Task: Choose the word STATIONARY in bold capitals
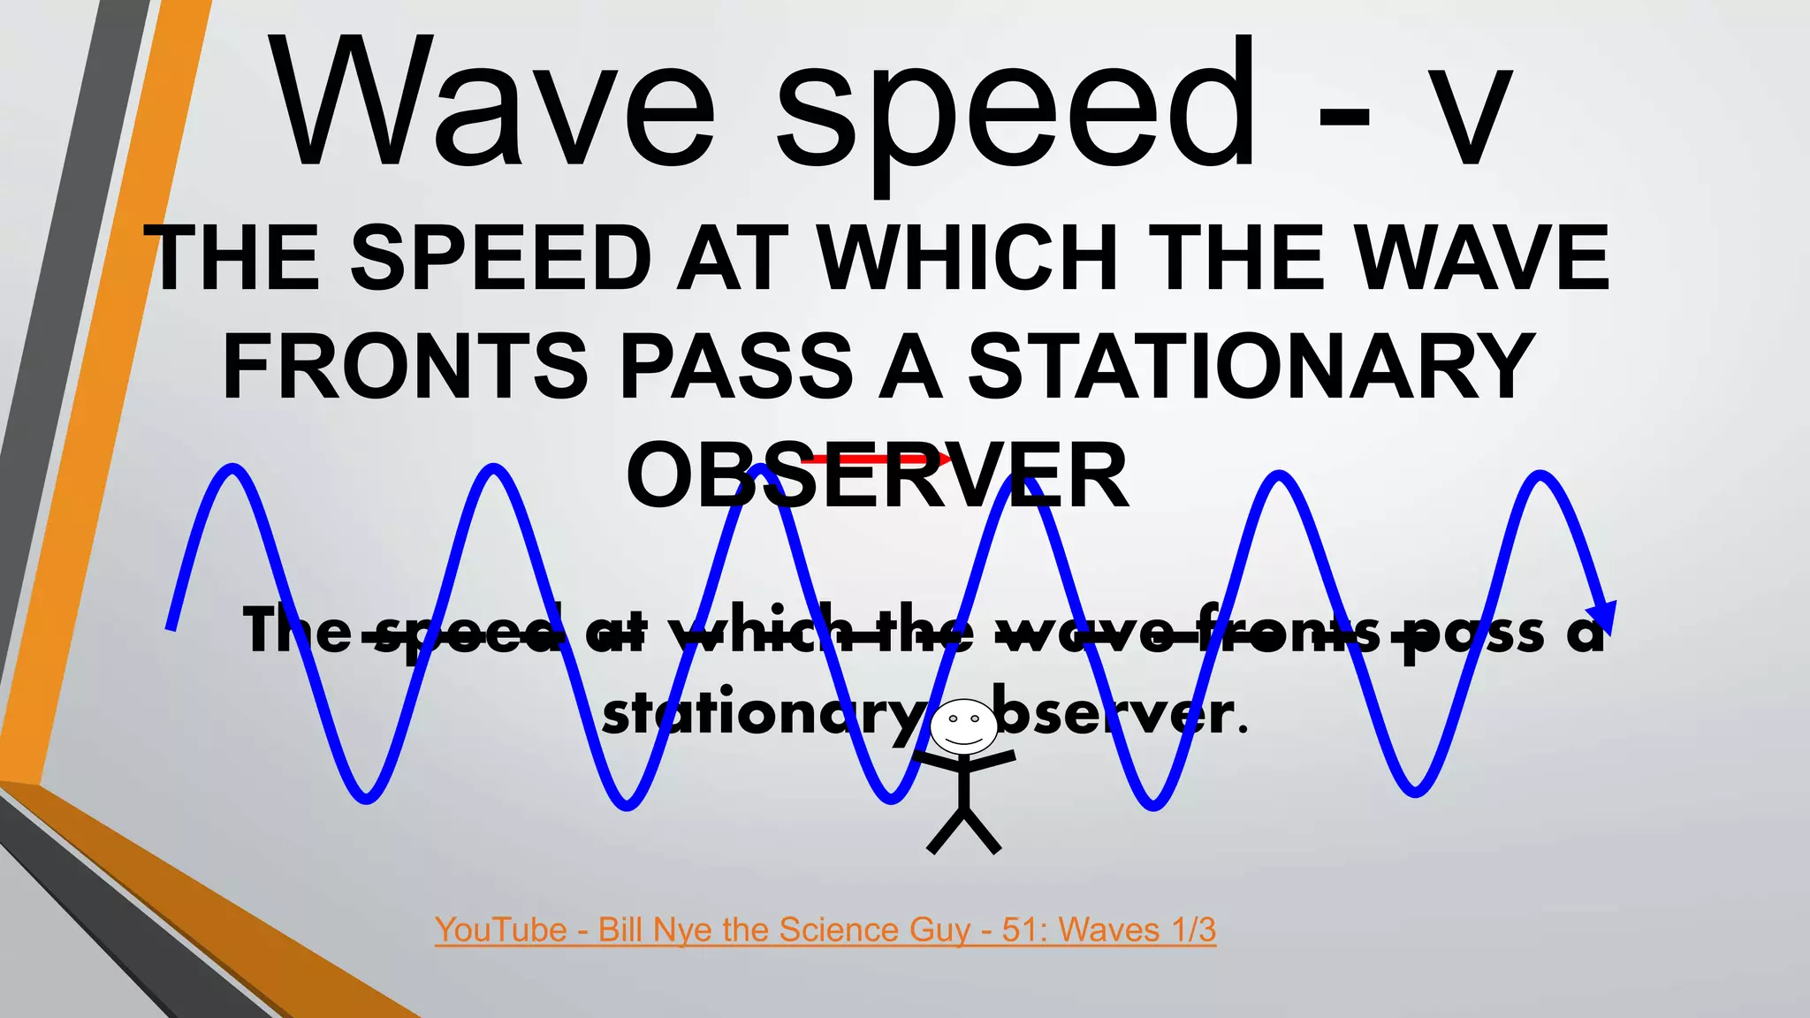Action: tap(1251, 366)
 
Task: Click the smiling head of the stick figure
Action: tap(963, 727)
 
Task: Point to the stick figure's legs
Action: tap(963, 831)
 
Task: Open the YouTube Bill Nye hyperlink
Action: tap(825, 930)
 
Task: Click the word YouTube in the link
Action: tap(500, 930)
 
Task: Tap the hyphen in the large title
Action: tap(1344, 124)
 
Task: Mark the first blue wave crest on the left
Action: tap(232, 468)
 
